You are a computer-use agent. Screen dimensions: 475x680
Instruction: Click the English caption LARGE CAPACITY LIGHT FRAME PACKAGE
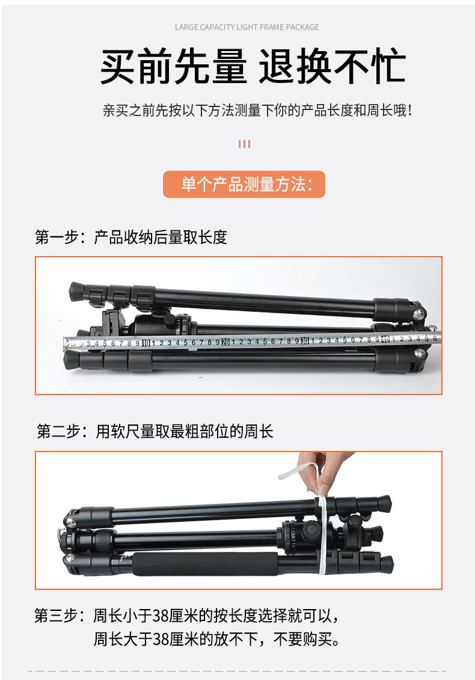247,27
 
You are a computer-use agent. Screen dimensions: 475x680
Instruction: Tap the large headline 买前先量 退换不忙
253,66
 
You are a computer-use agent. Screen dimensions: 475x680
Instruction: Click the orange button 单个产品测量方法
244,185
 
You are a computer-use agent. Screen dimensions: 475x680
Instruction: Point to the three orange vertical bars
244,144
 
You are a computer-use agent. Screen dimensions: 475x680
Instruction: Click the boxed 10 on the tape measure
146,343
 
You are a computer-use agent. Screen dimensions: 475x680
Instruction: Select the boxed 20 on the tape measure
225,342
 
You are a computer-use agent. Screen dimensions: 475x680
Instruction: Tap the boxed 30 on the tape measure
305,341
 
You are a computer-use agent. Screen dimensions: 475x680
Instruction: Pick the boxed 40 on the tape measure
385,340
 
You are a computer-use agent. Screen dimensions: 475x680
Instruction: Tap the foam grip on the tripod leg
205,564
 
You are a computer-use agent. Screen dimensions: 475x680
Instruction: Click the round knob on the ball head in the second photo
312,529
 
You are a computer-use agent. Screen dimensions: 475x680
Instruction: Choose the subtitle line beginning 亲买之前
258,110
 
